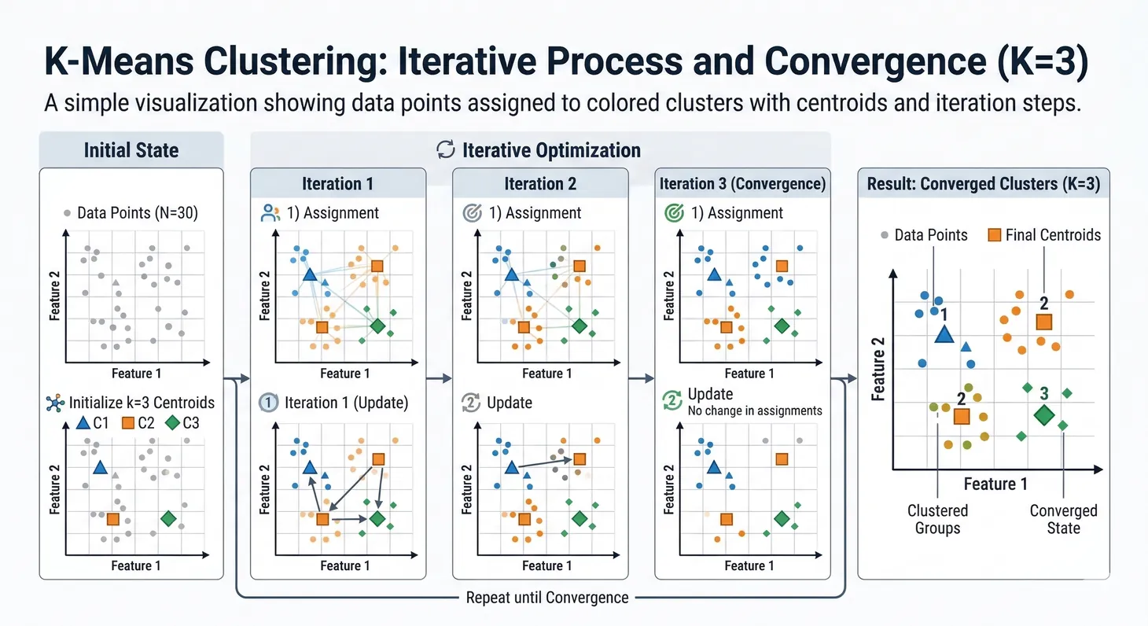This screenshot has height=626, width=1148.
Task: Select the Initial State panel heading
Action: pyautogui.click(x=131, y=149)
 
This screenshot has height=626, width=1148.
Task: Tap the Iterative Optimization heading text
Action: pyautogui.click(x=550, y=149)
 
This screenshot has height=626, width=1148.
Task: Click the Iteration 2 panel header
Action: pyautogui.click(x=540, y=184)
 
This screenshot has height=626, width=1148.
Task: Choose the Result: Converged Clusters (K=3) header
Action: pyautogui.click(x=983, y=184)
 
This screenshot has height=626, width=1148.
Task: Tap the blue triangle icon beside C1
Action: pyautogui.click(x=83, y=423)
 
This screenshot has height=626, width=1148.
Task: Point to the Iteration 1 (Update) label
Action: pyautogui.click(x=347, y=403)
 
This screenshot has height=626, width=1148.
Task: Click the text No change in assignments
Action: pyautogui.click(x=754, y=410)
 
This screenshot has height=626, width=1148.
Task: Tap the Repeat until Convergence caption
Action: pyautogui.click(x=547, y=598)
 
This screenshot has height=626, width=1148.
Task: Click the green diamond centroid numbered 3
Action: pyautogui.click(x=1043, y=415)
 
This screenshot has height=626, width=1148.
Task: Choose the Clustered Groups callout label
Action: pyautogui.click(x=937, y=519)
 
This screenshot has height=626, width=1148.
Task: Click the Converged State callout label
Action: pyautogui.click(x=1063, y=519)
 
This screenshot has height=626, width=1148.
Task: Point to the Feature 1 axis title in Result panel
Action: pyautogui.click(x=995, y=484)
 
